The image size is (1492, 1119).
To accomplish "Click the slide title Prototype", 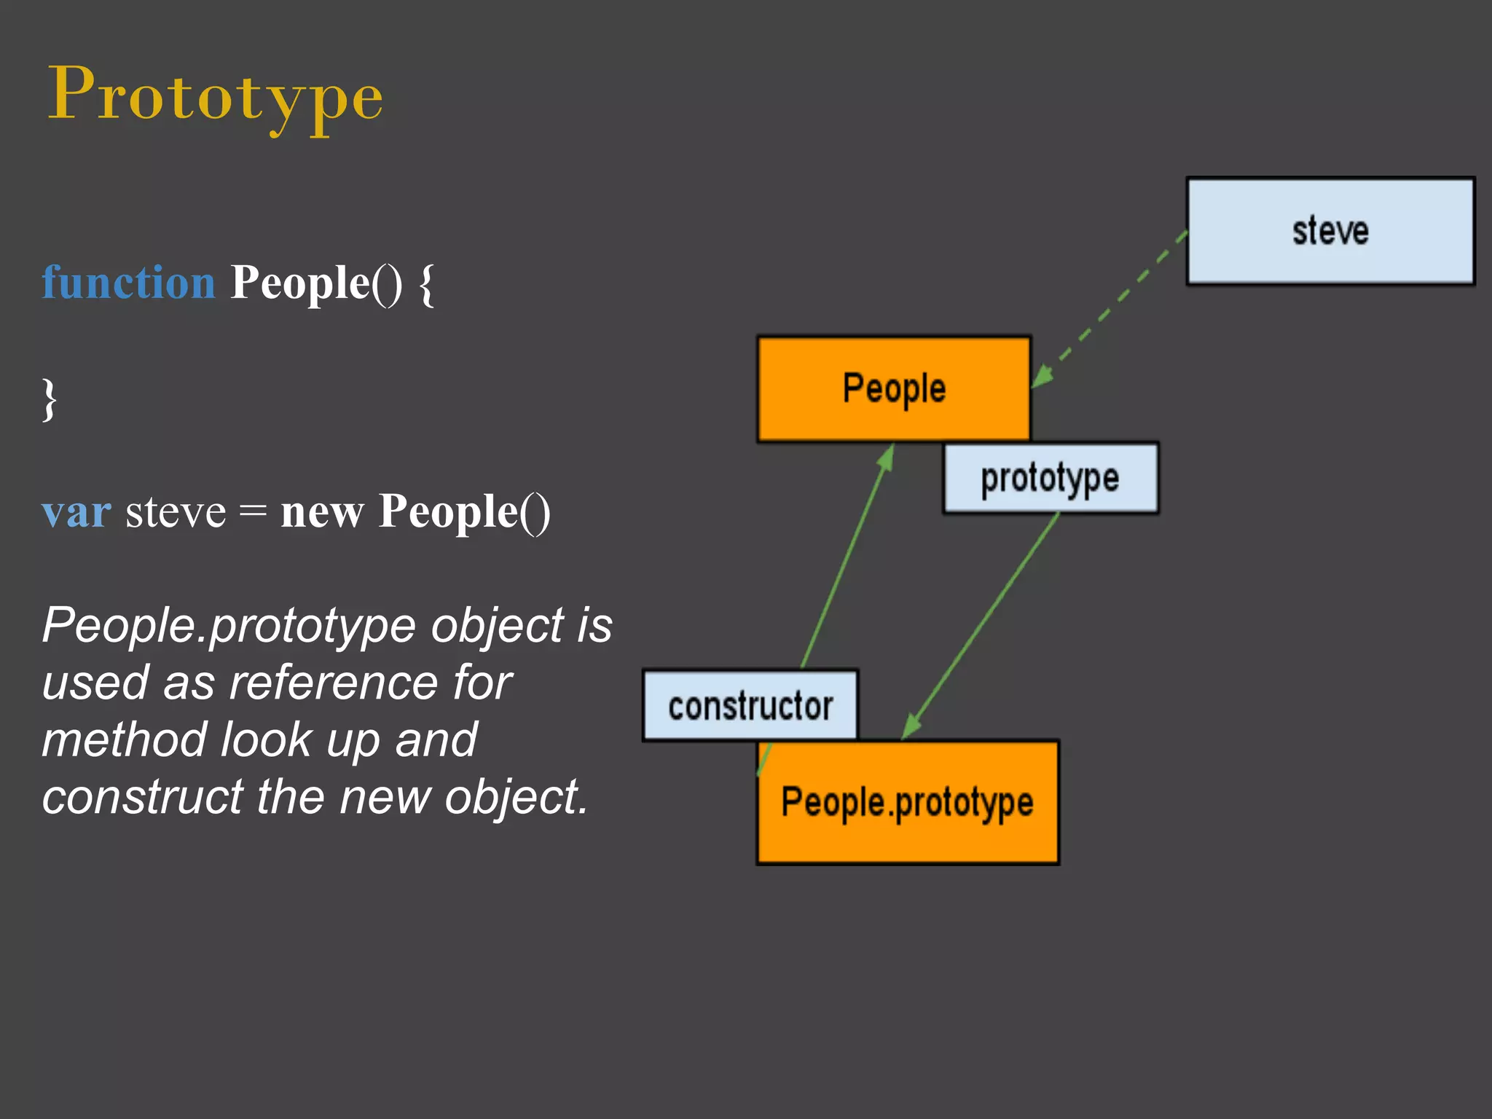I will point(215,95).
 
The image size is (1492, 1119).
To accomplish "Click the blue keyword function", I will point(128,283).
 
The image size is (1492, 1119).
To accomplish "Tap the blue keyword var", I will point(76,511).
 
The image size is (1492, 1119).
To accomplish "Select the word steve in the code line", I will point(176,511).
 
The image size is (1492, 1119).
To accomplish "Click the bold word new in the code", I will point(322,511).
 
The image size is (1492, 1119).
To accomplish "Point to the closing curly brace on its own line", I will point(49,399).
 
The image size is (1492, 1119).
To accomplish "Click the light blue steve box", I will point(1330,231).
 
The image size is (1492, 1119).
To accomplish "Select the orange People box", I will point(894,388).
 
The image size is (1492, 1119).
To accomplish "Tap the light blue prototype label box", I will point(1050,478).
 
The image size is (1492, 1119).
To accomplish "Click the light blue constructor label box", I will point(750,705).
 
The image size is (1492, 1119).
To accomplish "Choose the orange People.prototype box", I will point(908,802).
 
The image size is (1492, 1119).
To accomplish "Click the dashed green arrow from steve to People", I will point(1111,309).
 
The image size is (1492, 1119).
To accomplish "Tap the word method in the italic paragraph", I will point(124,739).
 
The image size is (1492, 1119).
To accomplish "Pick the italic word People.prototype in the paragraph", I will point(229,625).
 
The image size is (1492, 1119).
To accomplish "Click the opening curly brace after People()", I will point(427,284).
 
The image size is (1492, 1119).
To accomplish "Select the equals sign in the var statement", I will point(253,511).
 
